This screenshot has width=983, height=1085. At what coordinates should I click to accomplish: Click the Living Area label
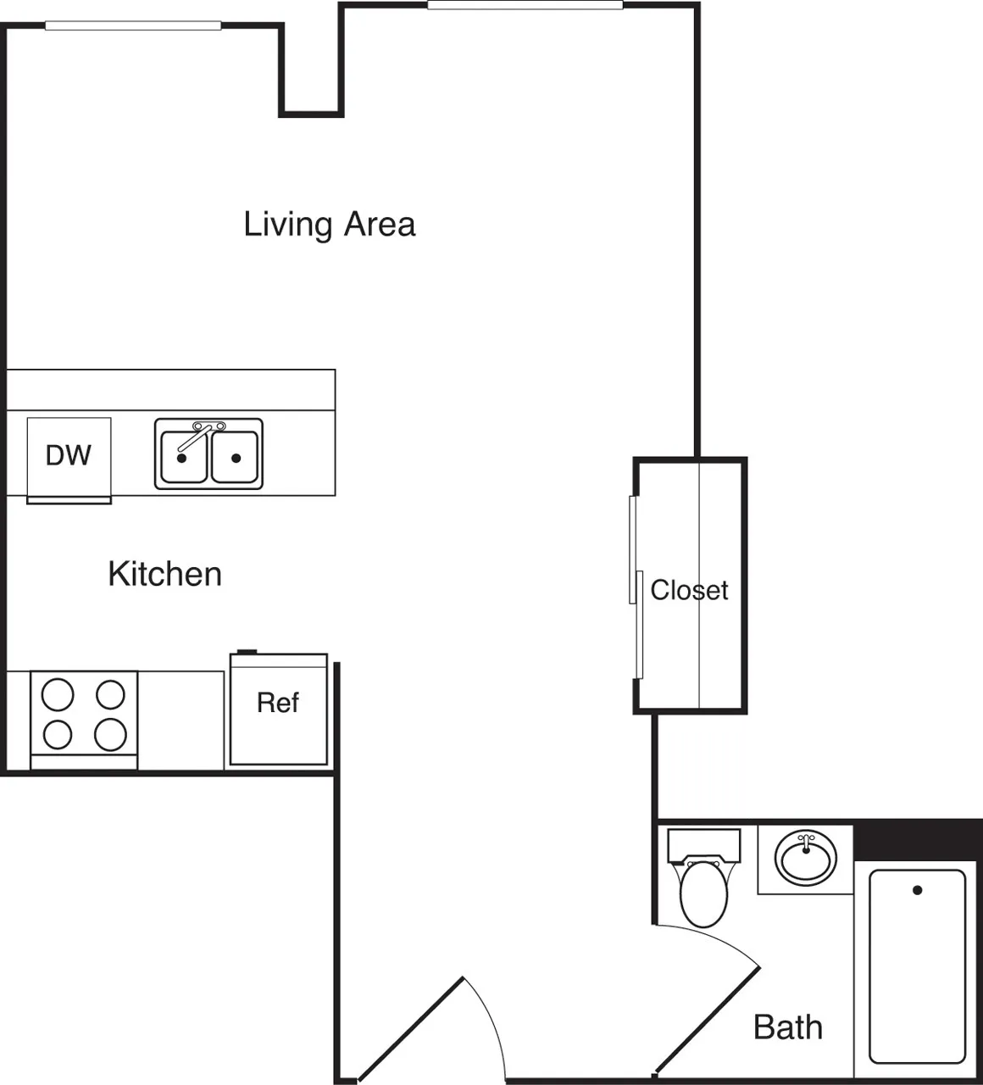(330, 225)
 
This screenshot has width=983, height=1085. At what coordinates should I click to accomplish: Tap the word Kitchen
(165, 574)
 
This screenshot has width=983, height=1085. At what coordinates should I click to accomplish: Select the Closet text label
(689, 590)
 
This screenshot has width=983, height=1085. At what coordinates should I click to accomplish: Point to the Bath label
(788, 1027)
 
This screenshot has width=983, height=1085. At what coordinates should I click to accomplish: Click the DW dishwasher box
(69, 456)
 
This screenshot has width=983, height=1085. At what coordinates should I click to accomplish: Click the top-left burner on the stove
(58, 695)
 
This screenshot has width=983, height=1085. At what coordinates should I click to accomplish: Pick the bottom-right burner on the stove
(110, 734)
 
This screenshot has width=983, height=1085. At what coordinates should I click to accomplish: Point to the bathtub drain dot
(917, 890)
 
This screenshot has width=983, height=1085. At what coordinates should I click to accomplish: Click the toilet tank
(703, 844)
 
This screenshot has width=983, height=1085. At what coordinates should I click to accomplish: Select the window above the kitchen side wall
(133, 25)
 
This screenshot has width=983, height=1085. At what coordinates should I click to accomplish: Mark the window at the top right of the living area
(525, 6)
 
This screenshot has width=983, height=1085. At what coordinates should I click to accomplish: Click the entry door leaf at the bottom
(411, 1030)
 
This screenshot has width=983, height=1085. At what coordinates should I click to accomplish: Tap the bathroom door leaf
(708, 1017)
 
